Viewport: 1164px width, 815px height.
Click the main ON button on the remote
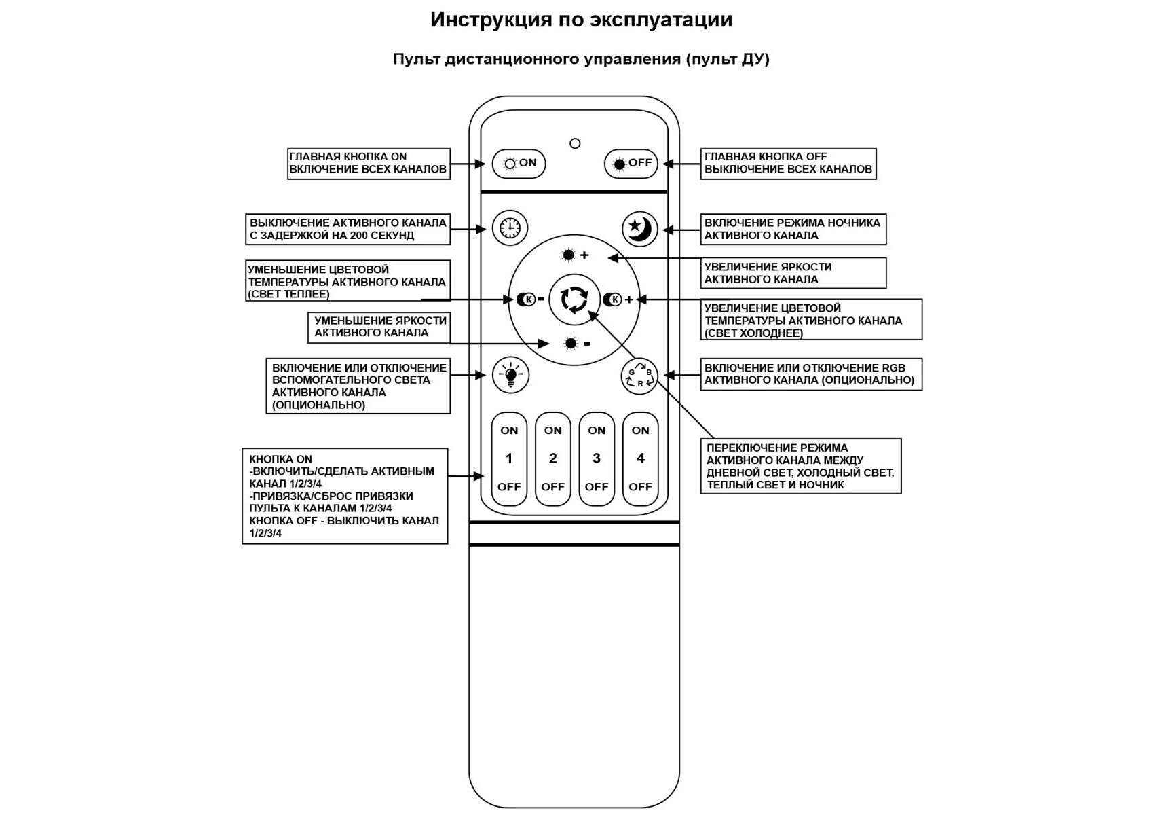point(519,164)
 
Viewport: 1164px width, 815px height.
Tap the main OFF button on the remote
point(631,164)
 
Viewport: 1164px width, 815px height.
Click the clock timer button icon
point(510,228)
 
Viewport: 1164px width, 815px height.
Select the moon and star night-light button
point(639,228)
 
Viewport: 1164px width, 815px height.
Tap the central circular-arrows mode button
point(574,300)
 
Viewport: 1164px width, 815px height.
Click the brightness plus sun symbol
point(574,255)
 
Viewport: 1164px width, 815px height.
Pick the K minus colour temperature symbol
point(529,299)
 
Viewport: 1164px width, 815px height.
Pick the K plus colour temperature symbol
point(618,300)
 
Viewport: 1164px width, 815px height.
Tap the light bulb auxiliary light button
point(510,375)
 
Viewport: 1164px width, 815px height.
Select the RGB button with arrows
point(639,376)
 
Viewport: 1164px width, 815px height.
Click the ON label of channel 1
point(509,431)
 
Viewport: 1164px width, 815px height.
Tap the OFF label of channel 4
point(640,487)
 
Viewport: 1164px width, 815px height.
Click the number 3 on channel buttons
point(597,458)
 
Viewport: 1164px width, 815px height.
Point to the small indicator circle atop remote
point(575,143)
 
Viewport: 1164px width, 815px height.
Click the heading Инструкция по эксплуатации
point(581,20)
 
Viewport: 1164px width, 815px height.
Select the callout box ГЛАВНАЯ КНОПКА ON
point(369,164)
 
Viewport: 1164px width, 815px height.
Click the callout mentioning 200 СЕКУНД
point(348,230)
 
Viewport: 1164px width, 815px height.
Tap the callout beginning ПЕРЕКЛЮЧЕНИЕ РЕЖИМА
point(800,467)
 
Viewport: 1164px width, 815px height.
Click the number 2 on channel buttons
point(552,458)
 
